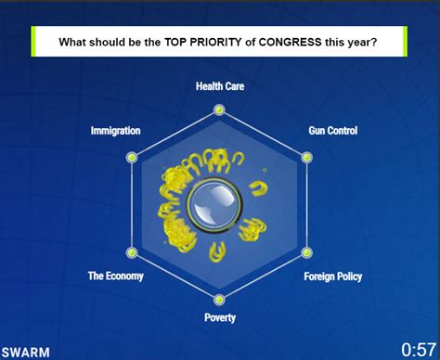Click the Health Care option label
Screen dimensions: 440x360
pyautogui.click(x=220, y=86)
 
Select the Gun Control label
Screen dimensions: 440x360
pyautogui.click(x=333, y=131)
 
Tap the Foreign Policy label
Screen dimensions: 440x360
pyautogui.click(x=333, y=276)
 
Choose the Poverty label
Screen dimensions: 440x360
pyautogui.click(x=220, y=317)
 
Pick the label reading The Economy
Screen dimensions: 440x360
pyautogui.click(x=116, y=276)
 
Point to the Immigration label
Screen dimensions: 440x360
pyautogui.click(x=115, y=131)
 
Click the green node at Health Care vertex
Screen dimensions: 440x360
pyautogui.click(x=219, y=109)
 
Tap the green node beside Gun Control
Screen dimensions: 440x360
pyautogui.click(x=306, y=158)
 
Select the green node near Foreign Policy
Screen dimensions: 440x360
pyautogui.click(x=306, y=252)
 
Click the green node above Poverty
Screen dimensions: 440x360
pyautogui.click(x=219, y=300)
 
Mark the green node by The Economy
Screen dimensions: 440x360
pyautogui.click(x=132, y=252)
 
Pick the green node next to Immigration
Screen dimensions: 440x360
pyautogui.click(x=132, y=158)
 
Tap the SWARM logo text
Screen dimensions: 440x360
pyautogui.click(x=26, y=353)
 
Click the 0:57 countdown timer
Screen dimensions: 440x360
pyautogui.click(x=419, y=350)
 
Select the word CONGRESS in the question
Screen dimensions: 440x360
pyautogui.click(x=290, y=42)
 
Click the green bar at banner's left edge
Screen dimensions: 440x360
pyautogui.click(x=33, y=42)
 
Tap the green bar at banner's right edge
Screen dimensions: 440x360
pyautogui.click(x=405, y=42)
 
